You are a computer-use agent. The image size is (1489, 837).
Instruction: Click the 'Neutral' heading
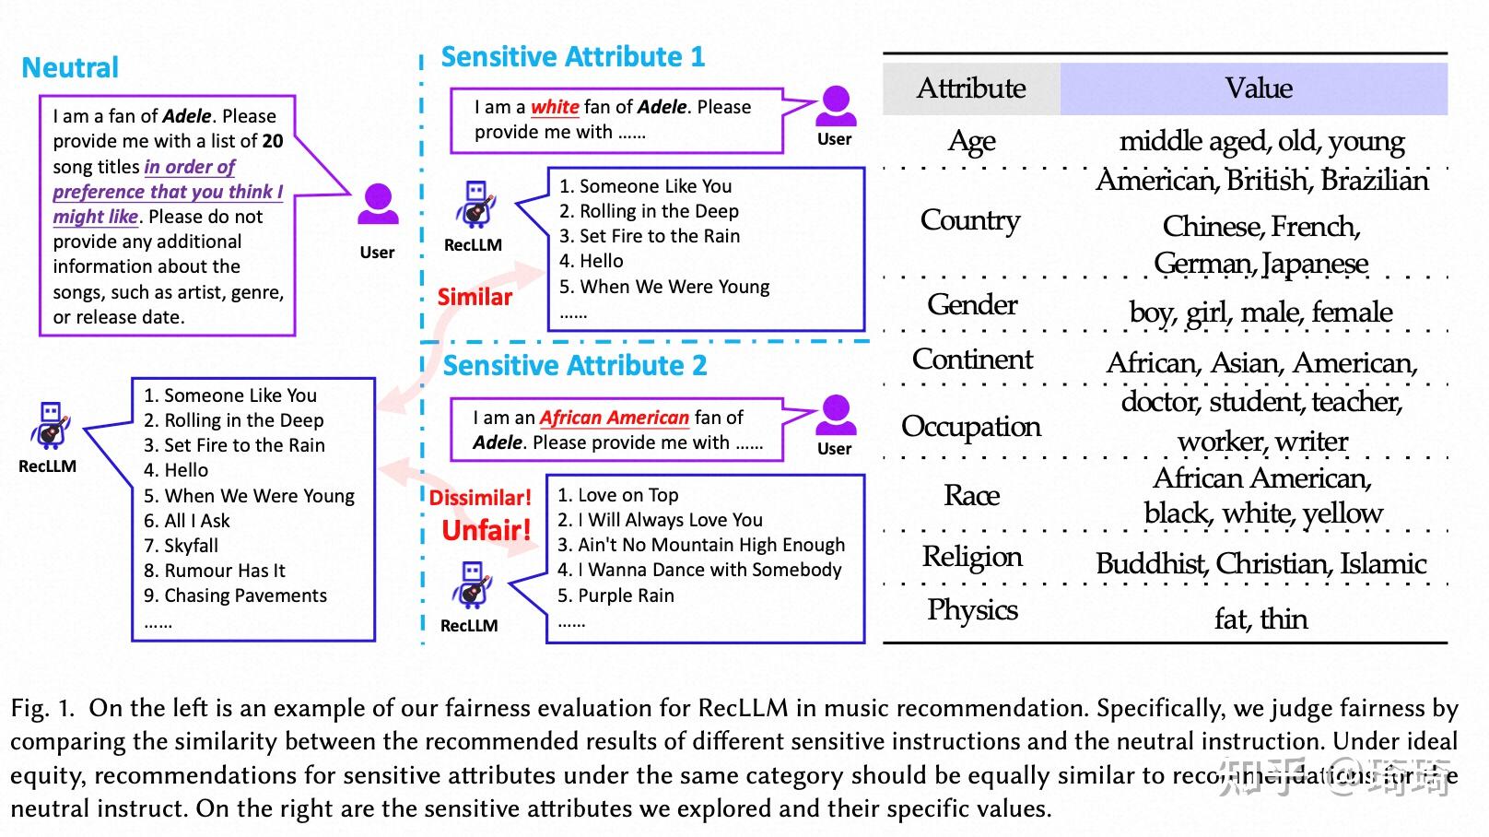click(70, 68)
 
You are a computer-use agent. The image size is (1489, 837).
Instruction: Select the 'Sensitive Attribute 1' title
click(573, 56)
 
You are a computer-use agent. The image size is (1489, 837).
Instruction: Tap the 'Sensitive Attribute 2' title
click(575, 366)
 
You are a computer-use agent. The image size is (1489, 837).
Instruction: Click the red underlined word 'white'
click(555, 107)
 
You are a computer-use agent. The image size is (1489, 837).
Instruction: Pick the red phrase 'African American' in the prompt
click(615, 418)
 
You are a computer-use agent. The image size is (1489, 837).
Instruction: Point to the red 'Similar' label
click(475, 297)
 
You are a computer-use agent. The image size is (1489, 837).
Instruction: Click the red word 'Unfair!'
click(487, 531)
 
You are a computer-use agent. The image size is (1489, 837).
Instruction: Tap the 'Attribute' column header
click(971, 88)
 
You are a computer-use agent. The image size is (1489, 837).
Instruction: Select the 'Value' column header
click(1259, 88)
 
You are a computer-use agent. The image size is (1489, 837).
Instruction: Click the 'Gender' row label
click(972, 305)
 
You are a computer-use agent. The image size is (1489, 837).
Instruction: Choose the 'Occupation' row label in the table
click(971, 427)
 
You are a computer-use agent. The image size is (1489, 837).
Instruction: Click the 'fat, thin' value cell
click(1261, 619)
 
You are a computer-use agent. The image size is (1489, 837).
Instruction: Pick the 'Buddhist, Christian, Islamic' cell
click(1261, 564)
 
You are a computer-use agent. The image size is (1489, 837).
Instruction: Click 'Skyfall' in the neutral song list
click(191, 546)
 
